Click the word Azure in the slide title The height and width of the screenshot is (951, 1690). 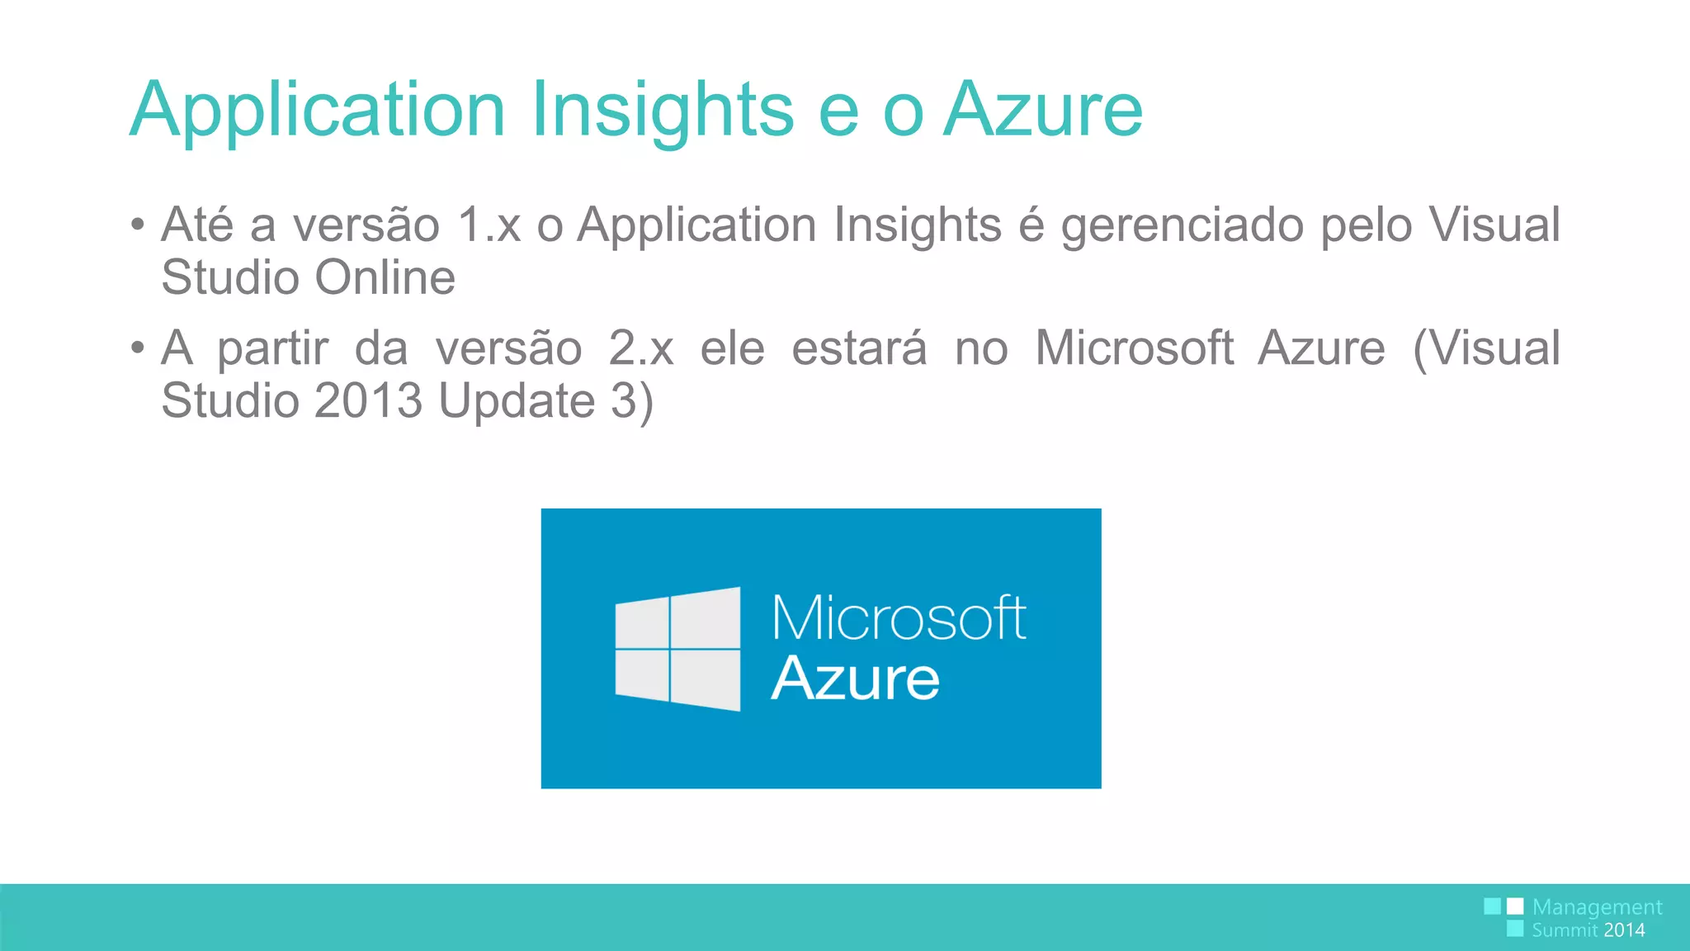pyautogui.click(x=1043, y=109)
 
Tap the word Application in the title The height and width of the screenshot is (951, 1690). pyautogui.click(x=318, y=109)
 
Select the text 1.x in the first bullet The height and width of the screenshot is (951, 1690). pyautogui.click(x=489, y=225)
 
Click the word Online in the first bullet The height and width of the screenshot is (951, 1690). pyautogui.click(x=385, y=277)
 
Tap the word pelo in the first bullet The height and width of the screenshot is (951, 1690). pyautogui.click(x=1366, y=225)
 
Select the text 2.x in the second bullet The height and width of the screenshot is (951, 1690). pyautogui.click(x=641, y=348)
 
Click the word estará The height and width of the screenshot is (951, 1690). pyautogui.click(x=859, y=348)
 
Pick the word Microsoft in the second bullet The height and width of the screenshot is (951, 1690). pyautogui.click(x=1135, y=348)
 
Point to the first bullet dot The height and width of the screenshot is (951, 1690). pyautogui.click(x=138, y=225)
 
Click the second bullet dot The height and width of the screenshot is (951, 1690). pyautogui.click(x=138, y=348)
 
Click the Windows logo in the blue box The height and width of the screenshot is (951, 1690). pyautogui.click(x=677, y=649)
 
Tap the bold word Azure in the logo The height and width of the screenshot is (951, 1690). pyautogui.click(x=856, y=679)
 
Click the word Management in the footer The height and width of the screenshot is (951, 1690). pyautogui.click(x=1597, y=907)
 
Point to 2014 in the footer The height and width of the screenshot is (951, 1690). pyautogui.click(x=1624, y=930)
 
